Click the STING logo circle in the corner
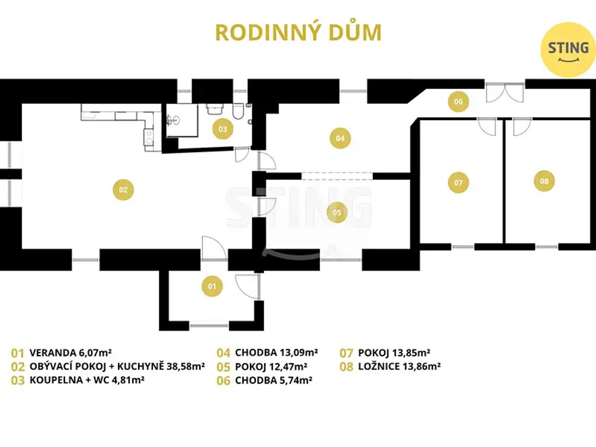(568, 50)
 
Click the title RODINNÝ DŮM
(298, 32)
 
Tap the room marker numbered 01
(212, 286)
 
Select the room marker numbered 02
(123, 189)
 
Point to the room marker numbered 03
(223, 129)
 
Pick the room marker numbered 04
(340, 138)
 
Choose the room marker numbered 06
(458, 101)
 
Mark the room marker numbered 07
(458, 182)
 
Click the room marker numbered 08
(544, 181)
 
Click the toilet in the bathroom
(238, 111)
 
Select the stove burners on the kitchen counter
(149, 137)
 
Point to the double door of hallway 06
(505, 92)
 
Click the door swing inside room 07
(487, 126)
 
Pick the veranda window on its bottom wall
(209, 325)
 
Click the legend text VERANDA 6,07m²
(71, 353)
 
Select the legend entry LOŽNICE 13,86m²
(399, 367)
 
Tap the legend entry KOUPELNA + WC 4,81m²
(87, 380)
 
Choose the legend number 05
(223, 367)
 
